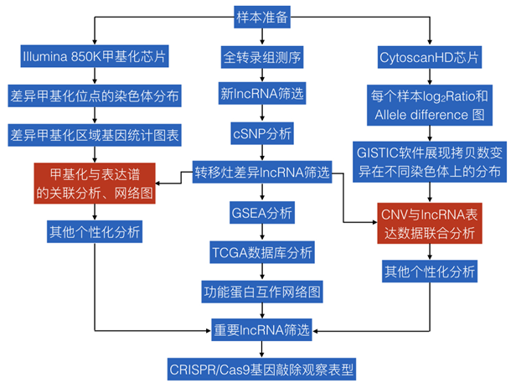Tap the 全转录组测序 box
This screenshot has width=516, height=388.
pos(261,57)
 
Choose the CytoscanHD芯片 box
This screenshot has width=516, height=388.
pos(430,57)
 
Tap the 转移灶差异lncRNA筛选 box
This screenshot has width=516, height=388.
pos(261,174)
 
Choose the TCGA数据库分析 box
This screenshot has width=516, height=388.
pos(261,252)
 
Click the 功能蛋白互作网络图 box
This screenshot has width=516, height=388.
pos(261,292)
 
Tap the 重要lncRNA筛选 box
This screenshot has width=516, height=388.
pos(261,329)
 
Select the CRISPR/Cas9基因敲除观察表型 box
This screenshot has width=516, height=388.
pos(261,368)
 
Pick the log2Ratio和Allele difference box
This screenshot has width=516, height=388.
pos(430,104)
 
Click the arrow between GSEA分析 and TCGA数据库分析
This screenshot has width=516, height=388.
pos(261,233)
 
